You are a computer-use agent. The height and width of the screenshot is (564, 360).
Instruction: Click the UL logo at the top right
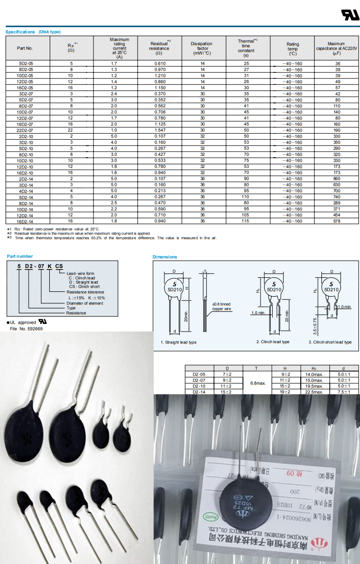[x=350, y=15]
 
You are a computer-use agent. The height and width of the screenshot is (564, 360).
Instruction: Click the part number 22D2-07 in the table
[x=26, y=130]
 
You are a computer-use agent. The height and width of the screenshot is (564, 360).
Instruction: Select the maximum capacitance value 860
[x=337, y=179]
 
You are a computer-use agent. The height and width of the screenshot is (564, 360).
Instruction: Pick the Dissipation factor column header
[x=202, y=48]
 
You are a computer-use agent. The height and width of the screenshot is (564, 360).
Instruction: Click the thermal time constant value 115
[x=246, y=221]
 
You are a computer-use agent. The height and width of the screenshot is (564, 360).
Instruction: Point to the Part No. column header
[x=25, y=48]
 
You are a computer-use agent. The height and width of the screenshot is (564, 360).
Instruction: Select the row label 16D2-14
[x=26, y=221]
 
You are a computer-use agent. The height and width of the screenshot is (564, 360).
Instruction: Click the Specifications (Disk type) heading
[x=33, y=32]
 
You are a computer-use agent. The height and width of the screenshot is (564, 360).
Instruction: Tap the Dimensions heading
[x=165, y=257]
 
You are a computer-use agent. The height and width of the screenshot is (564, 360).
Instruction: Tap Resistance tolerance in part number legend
[x=85, y=292]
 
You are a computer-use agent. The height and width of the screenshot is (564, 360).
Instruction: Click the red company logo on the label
[x=317, y=543]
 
